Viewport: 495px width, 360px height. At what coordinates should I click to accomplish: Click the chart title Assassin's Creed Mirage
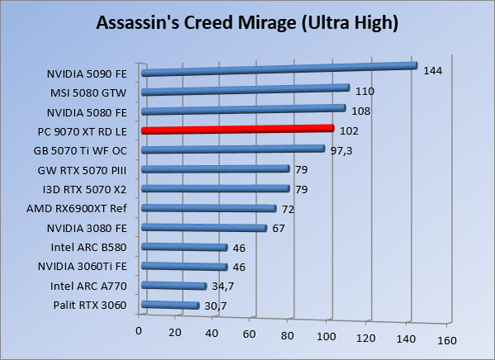247,22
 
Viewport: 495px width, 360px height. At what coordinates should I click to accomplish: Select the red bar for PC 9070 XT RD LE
238,130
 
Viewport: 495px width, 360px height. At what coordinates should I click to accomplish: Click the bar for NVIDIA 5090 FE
279,69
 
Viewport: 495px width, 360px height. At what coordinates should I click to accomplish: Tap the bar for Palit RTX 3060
171,306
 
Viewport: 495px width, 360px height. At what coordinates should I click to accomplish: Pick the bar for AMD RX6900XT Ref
209,208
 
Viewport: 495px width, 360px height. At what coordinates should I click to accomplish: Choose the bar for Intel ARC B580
185,247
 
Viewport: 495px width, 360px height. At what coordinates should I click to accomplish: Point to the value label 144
432,71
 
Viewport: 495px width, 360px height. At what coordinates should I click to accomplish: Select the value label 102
349,130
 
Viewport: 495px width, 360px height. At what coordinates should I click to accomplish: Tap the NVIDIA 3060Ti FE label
86,267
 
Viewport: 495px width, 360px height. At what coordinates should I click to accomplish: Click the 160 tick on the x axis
446,339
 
